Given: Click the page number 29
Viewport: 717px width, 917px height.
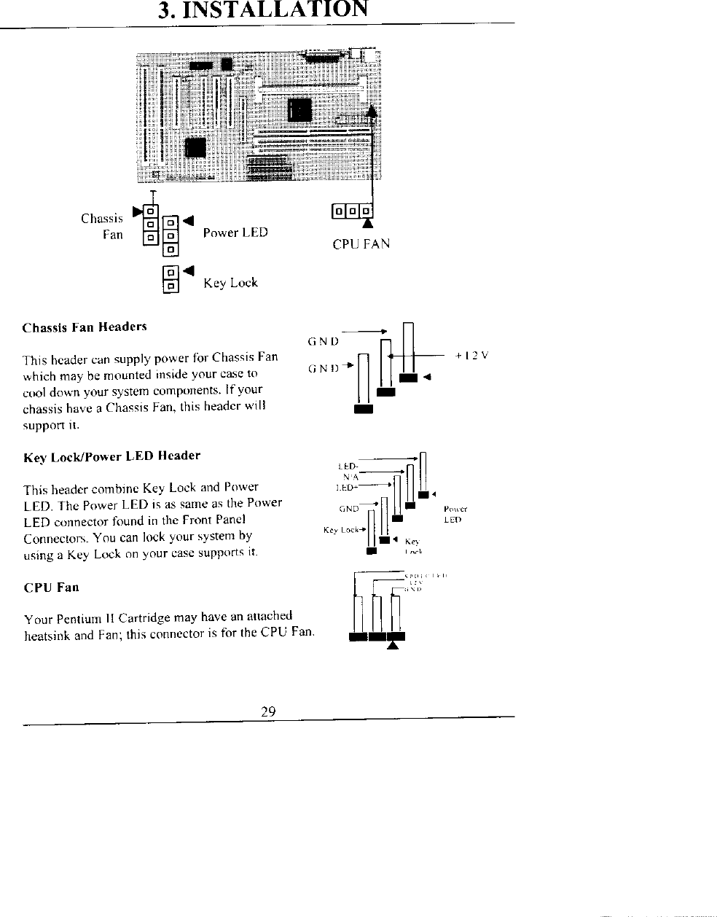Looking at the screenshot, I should click(x=267, y=712).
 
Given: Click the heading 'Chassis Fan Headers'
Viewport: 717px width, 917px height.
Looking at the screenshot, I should click(x=85, y=327).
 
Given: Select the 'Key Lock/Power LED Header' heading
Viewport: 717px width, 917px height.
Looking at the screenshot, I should click(x=111, y=456).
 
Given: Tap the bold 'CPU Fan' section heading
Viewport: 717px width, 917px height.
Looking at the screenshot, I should click(x=51, y=588).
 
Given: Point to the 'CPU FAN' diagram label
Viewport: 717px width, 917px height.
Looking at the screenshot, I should click(x=361, y=244).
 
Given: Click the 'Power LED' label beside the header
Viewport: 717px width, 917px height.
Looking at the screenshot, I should click(x=235, y=233).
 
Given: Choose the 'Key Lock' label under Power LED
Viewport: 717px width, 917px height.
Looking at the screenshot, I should click(x=230, y=283).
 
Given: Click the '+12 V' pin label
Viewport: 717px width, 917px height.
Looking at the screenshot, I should click(x=471, y=356).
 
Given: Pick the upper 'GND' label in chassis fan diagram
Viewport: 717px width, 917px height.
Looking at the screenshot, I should click(x=323, y=340).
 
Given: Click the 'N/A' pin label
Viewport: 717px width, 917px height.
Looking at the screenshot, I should click(x=350, y=476).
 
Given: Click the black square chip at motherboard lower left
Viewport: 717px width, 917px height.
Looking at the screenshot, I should click(x=196, y=147).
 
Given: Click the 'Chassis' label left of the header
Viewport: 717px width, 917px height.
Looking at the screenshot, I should click(x=102, y=218).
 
